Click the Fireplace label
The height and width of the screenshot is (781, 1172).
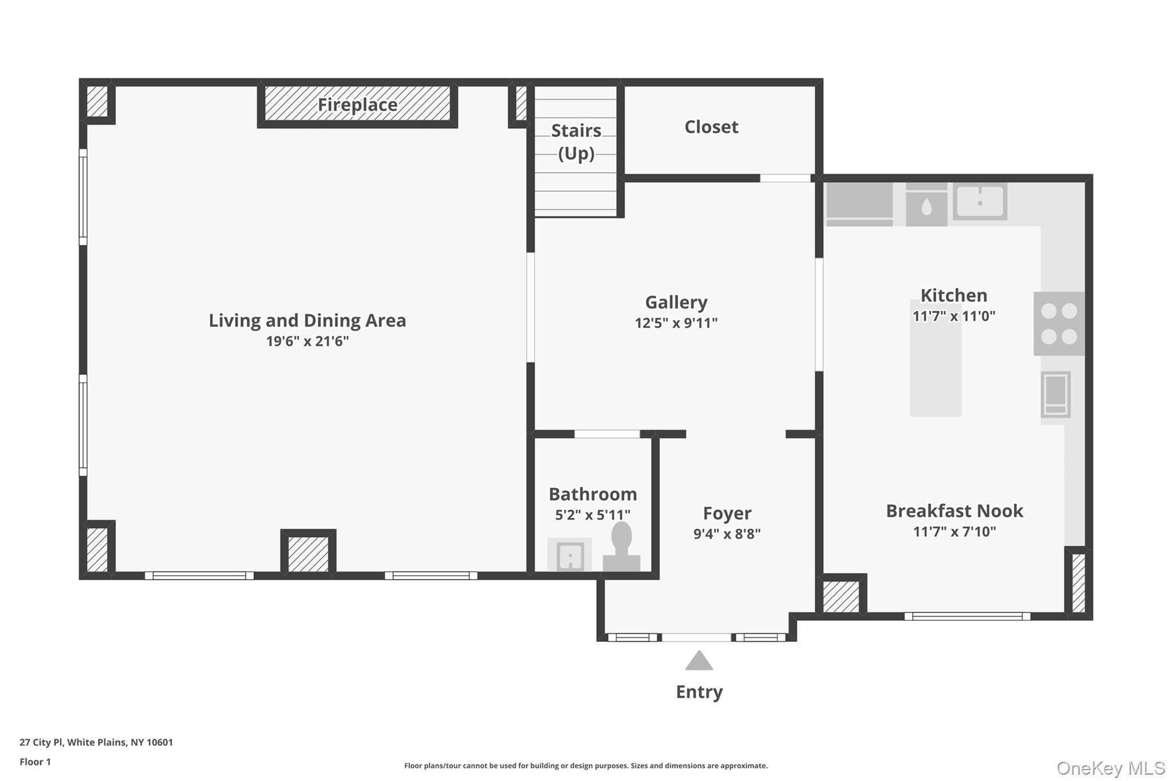coord(357,105)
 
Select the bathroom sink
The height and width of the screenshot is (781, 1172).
coord(570,555)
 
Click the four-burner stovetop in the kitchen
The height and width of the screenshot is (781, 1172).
coord(1059,324)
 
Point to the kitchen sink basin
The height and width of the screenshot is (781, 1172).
coord(980,201)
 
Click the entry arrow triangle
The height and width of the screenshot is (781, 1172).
coord(699,661)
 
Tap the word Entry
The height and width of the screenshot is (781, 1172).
coord(699,692)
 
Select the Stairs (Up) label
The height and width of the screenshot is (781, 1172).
coord(576,142)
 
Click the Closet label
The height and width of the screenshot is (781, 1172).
coord(711,127)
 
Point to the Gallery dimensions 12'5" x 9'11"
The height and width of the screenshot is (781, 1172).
coord(676,323)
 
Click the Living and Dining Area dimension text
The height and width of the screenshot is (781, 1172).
coord(307,342)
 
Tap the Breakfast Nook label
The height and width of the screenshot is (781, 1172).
coord(954,511)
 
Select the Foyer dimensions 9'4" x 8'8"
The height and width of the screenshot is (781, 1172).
coord(727,534)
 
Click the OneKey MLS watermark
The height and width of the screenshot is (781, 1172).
coord(1110,768)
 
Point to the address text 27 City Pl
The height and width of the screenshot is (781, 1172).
coord(96,742)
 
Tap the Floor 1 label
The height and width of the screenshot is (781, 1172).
coord(35,762)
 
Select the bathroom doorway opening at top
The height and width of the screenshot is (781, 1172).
coord(607,434)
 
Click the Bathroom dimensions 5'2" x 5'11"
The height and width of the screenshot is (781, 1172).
coord(592,515)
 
